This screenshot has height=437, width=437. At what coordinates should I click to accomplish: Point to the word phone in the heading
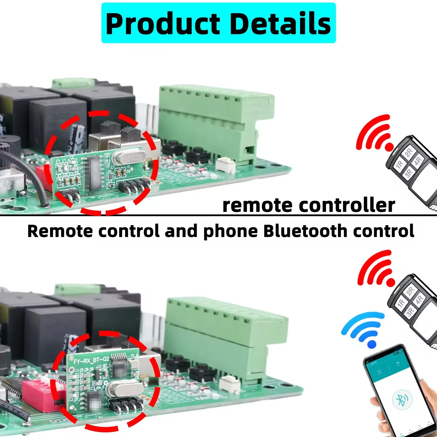pos(230,232)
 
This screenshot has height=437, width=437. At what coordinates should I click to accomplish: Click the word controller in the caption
pos(347,205)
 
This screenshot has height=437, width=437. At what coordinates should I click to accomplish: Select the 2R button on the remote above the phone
pos(410,291)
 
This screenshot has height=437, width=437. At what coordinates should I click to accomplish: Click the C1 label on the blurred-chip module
pos(58,161)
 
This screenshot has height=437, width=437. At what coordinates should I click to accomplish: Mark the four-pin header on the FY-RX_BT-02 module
pos(126,405)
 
